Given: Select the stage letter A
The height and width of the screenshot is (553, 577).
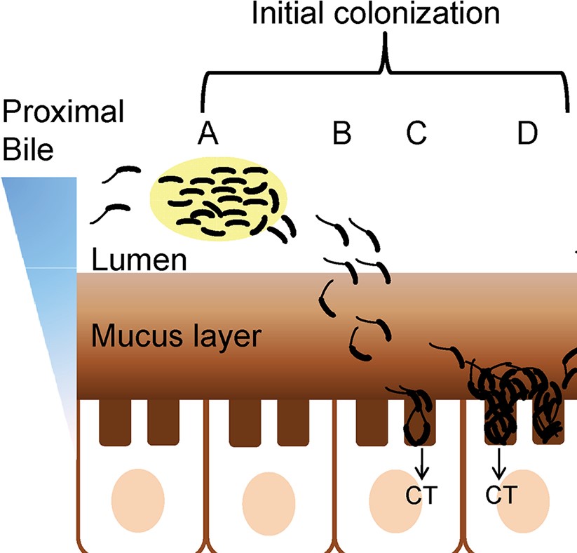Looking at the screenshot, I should point(205,132).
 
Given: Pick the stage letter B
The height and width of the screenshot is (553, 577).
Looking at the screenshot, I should point(341,132).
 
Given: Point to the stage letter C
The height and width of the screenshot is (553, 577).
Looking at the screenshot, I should point(416,132).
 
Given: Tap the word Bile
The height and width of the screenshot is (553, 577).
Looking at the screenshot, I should point(27,149).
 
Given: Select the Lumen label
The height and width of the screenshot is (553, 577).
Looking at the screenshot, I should point(139,261).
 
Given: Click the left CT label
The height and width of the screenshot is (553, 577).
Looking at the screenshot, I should point(421,495).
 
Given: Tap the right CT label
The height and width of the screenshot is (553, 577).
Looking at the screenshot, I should point(501,495).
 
